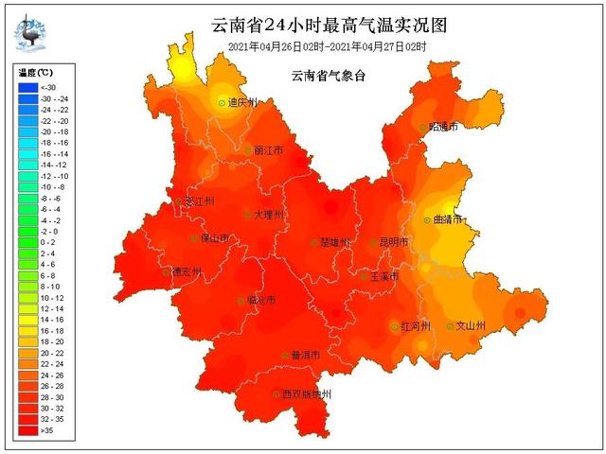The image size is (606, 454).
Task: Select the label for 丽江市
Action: click(269, 150)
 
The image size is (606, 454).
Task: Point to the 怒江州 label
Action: click(200, 201)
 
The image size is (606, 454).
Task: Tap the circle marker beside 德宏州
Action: click(166, 271)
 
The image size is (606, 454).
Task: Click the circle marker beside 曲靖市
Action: click(425, 219)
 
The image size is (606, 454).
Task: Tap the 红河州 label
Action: click(416, 326)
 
